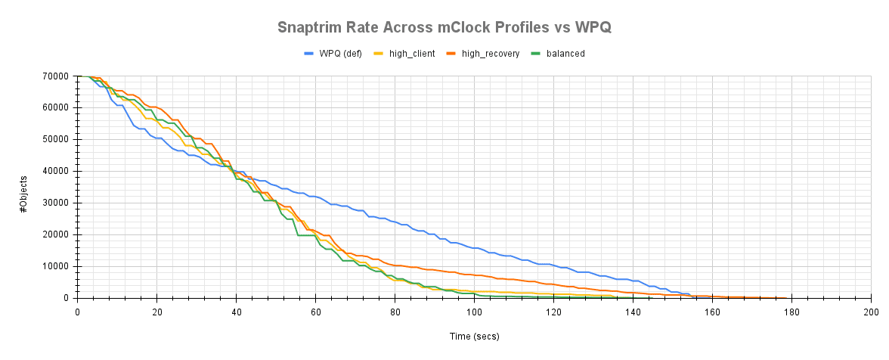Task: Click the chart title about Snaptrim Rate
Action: [444, 28]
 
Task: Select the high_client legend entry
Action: [411, 54]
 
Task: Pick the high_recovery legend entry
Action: [490, 54]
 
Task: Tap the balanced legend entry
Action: [565, 54]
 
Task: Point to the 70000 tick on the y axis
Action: [57, 76]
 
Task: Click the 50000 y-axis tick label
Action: [57, 140]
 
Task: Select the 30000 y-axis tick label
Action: [57, 203]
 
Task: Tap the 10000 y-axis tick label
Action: [57, 267]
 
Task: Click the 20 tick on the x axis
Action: [156, 311]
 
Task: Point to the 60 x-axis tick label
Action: [315, 311]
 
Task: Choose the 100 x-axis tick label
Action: [474, 311]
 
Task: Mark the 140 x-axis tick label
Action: [633, 311]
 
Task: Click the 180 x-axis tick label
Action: [791, 311]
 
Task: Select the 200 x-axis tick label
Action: [871, 311]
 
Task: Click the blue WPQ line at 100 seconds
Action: [474, 247]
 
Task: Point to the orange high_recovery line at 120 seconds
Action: [553, 284]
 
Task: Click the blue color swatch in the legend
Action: [309, 54]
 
